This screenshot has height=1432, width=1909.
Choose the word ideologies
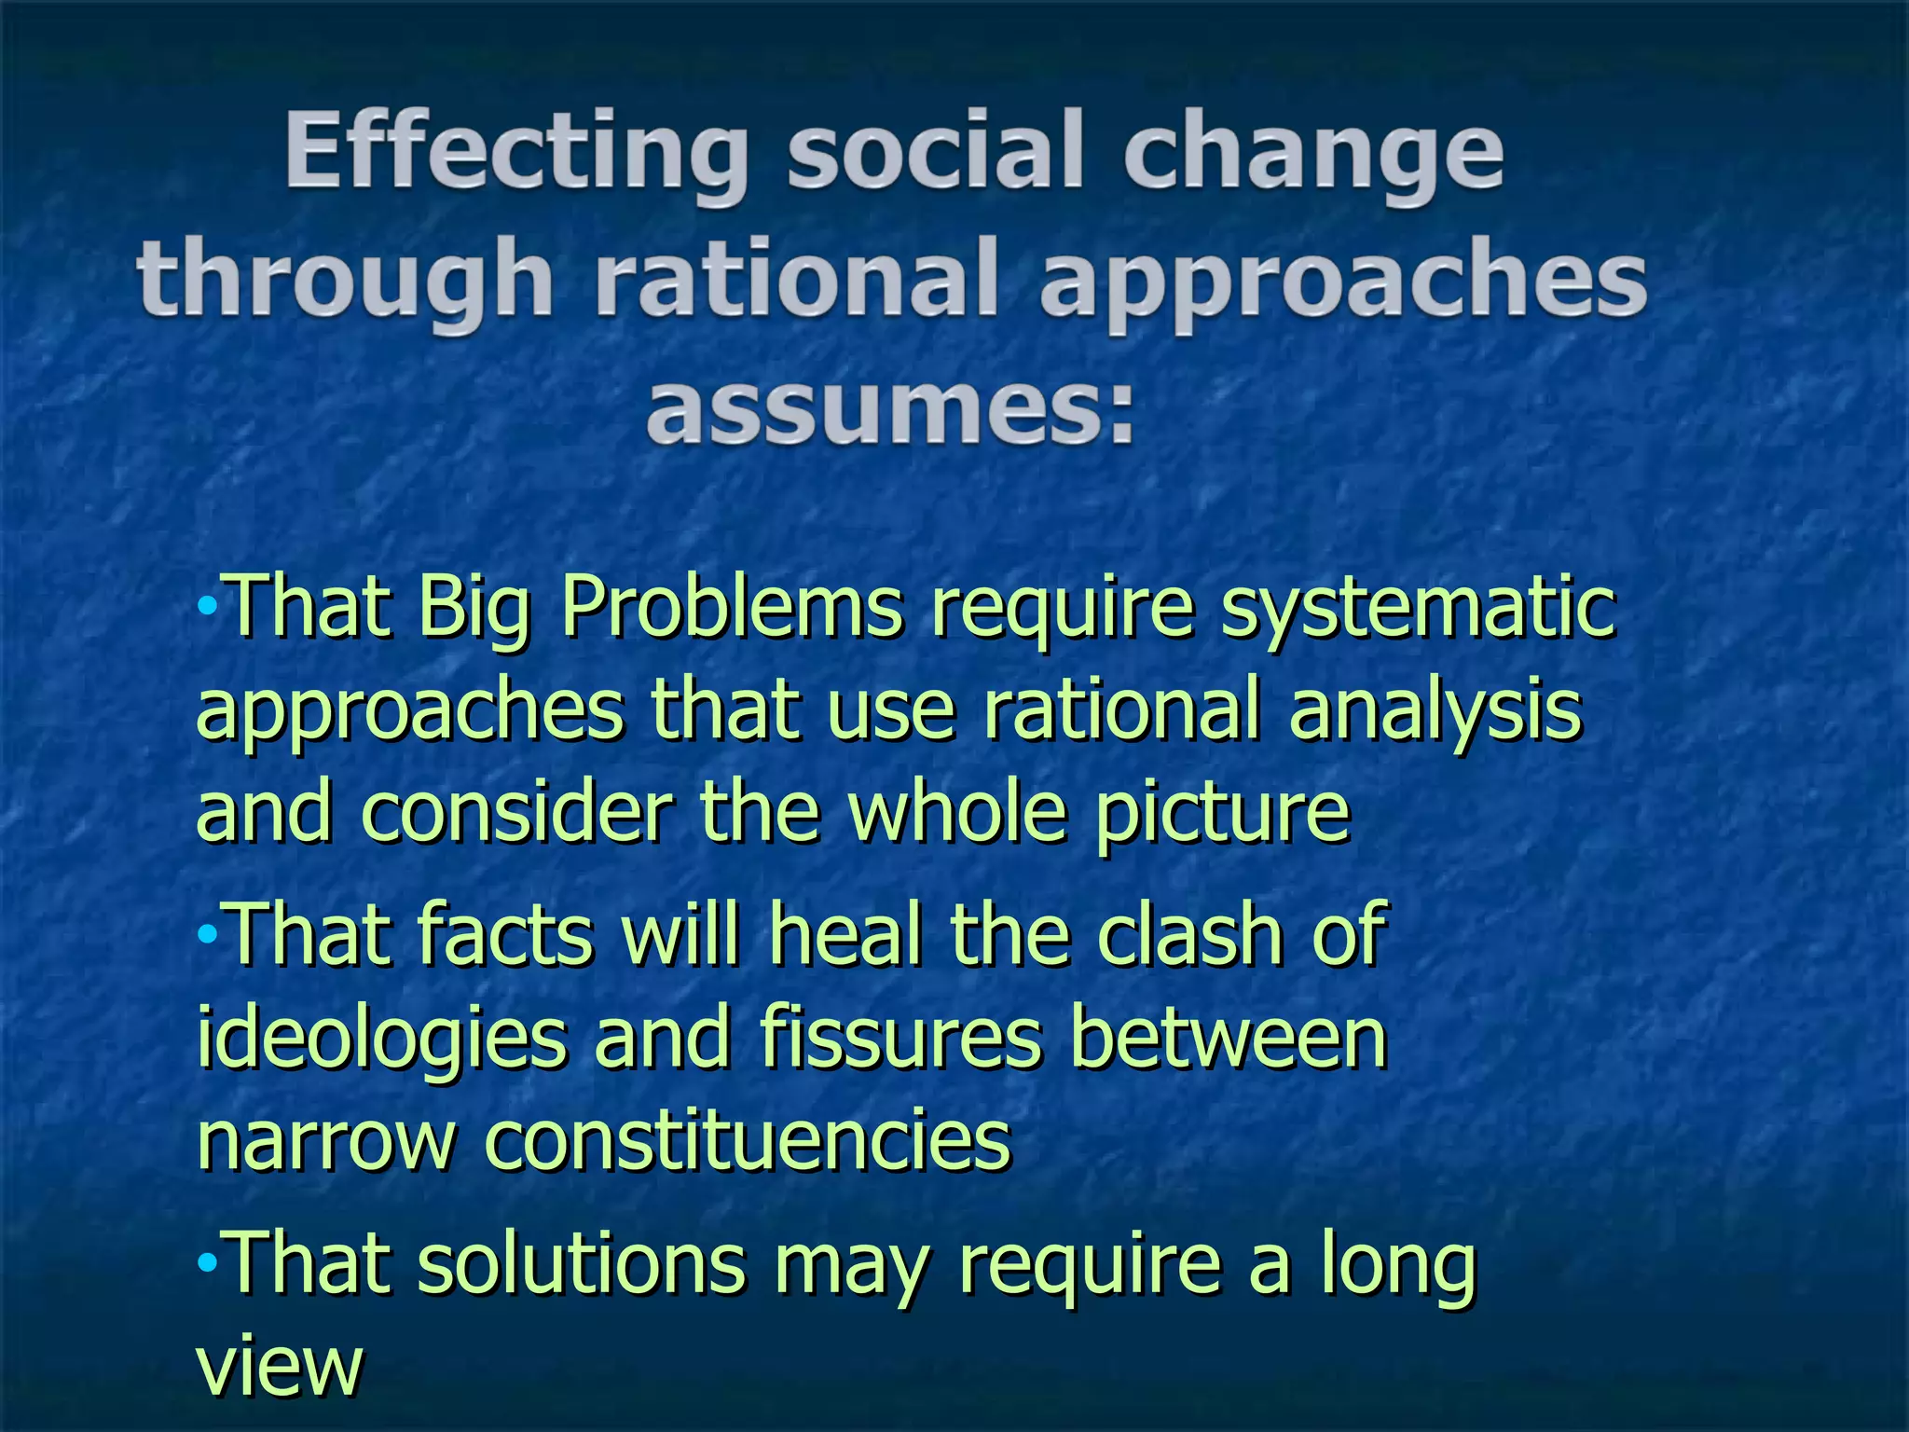tap(382, 1040)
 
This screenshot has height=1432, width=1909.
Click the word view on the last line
tap(279, 1366)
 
